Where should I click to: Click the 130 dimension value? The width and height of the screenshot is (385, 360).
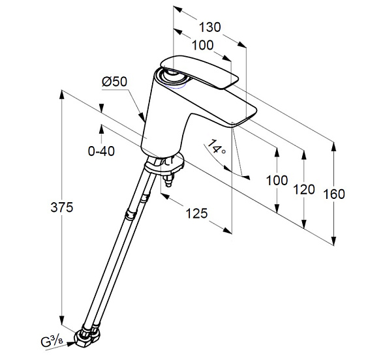[209, 27]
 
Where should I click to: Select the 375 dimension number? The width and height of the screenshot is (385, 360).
[62, 207]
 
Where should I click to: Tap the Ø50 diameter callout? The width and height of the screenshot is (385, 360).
[115, 82]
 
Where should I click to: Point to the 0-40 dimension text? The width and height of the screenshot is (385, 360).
[101, 151]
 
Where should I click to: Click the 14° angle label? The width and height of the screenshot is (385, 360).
[216, 147]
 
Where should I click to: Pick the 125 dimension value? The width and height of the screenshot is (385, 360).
[196, 213]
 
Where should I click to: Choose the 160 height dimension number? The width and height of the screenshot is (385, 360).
[334, 194]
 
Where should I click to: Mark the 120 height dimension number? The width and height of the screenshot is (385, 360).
[304, 189]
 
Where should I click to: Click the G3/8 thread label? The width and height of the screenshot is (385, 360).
[52, 342]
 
